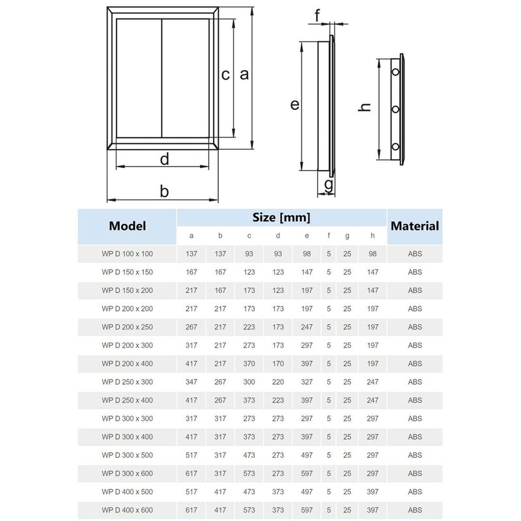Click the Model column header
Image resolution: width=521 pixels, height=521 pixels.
coord(127,227)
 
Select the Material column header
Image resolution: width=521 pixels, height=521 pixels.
coord(414,227)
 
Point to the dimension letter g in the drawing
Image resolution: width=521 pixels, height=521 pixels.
coord(329,186)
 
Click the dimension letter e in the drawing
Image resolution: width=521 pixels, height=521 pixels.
coord(294,104)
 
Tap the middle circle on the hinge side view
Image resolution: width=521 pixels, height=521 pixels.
coord(395,109)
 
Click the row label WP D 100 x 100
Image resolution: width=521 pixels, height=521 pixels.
coord(127,252)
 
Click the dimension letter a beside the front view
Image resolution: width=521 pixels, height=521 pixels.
coord(244,74)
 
